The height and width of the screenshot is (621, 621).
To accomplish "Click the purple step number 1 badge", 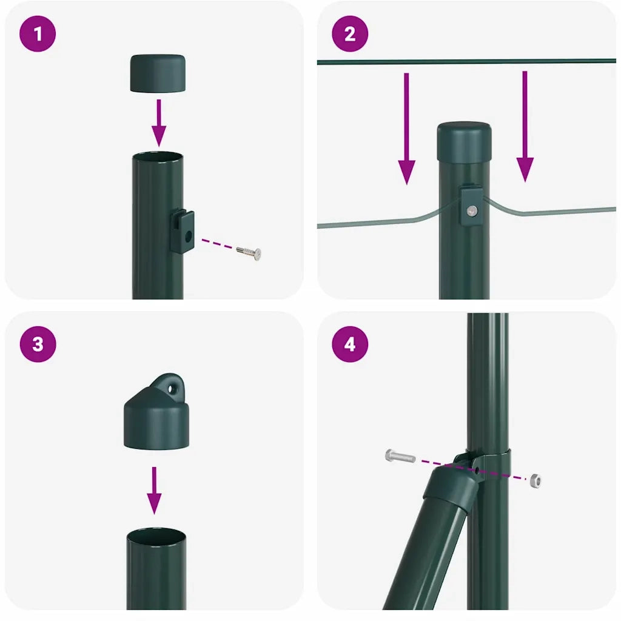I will [x=38, y=34].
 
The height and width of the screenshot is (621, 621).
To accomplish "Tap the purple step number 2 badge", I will [x=350, y=34].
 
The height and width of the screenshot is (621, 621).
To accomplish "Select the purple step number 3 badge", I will [x=38, y=344].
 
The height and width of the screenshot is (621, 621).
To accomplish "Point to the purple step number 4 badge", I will [x=350, y=344].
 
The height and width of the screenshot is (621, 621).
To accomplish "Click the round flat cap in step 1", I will [x=158, y=73].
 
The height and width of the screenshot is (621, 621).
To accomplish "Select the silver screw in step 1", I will [x=249, y=252].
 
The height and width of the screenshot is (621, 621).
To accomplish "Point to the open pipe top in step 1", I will [x=158, y=157].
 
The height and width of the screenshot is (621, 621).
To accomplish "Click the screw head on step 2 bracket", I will [x=472, y=210].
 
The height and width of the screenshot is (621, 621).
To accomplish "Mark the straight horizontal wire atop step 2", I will [x=467, y=61].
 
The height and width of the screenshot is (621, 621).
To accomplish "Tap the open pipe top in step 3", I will [x=156, y=537].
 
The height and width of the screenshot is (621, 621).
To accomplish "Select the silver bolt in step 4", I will [x=400, y=456].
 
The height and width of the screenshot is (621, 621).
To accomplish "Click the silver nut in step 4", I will [x=534, y=481].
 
